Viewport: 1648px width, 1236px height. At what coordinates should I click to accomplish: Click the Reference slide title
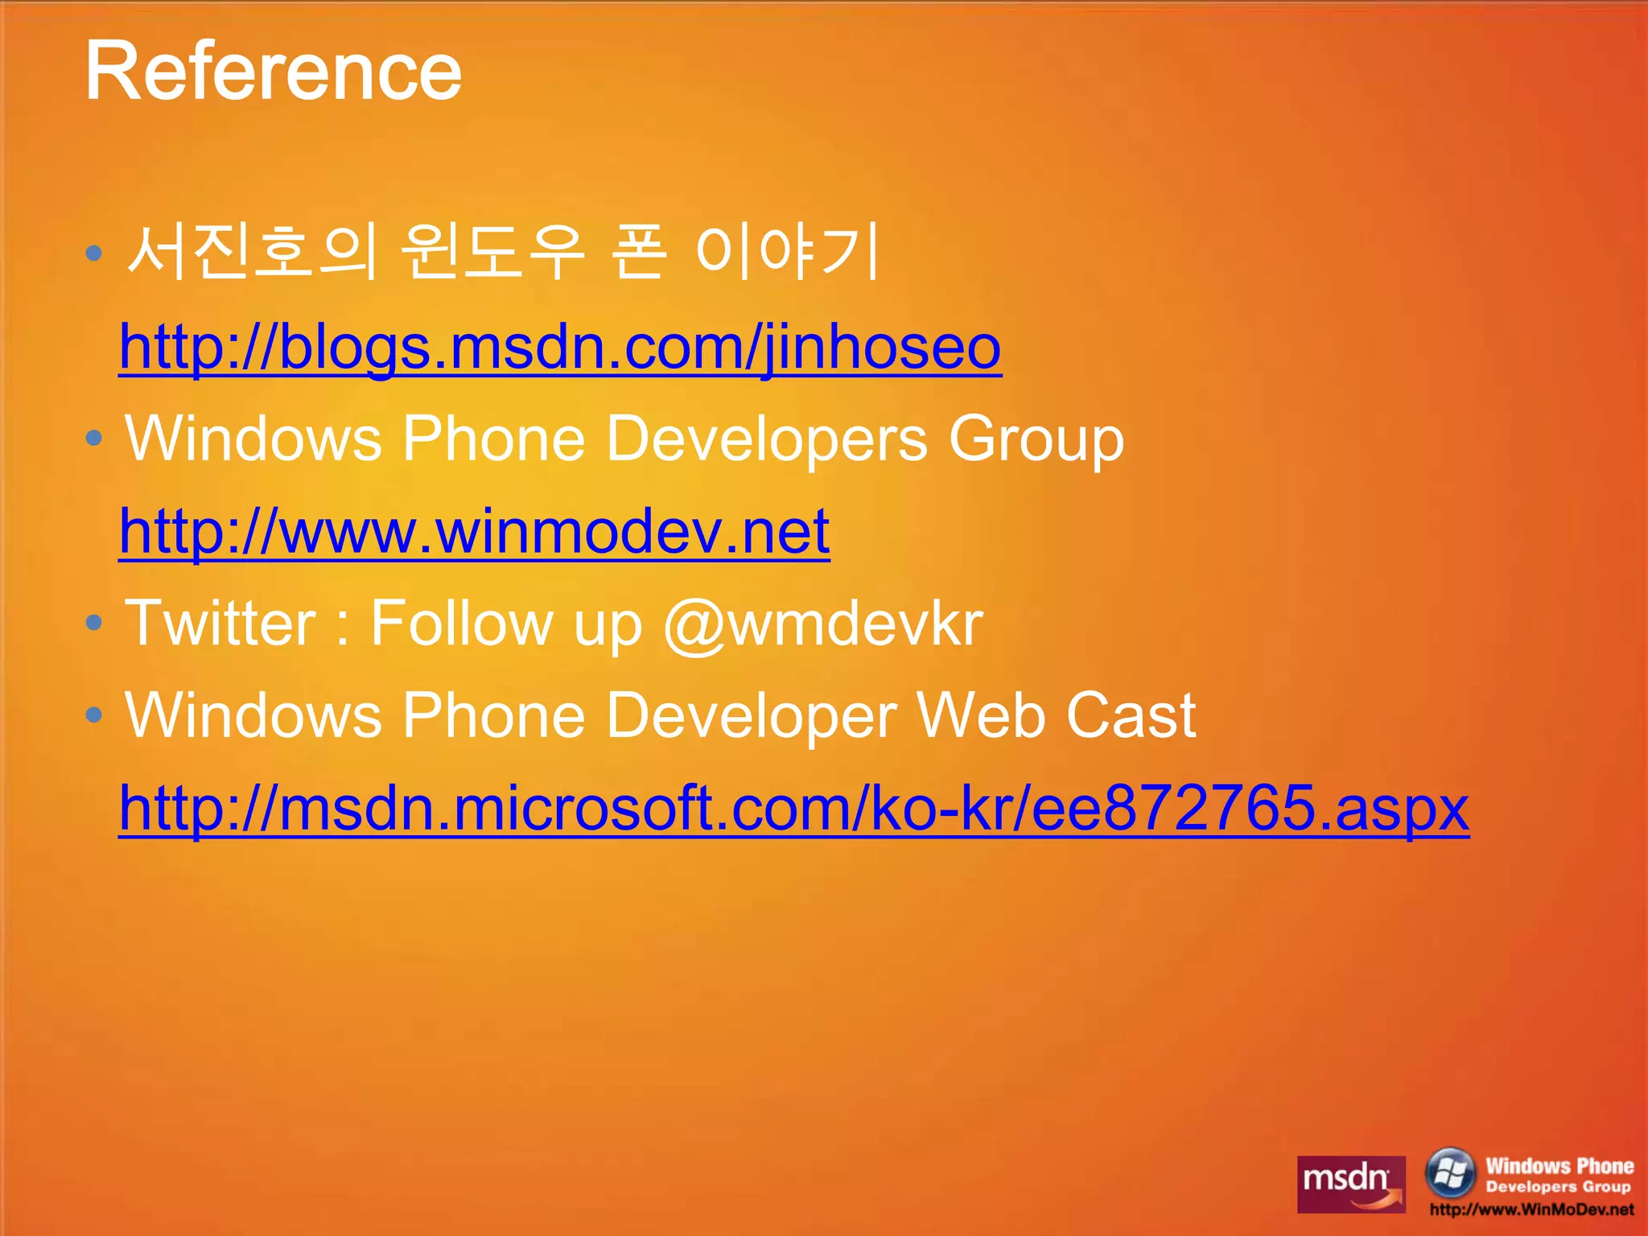[274, 72]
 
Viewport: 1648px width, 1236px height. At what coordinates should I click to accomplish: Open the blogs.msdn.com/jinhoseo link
[560, 348]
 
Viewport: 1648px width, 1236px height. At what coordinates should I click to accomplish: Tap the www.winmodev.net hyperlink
[474, 531]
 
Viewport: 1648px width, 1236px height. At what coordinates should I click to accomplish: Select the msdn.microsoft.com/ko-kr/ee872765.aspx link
[793, 808]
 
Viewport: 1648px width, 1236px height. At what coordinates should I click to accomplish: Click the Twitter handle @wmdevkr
[822, 624]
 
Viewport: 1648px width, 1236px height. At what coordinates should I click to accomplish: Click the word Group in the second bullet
[1036, 440]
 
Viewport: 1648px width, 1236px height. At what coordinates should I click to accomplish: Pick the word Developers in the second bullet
[767, 440]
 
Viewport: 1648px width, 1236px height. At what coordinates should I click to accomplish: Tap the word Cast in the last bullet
[1131, 715]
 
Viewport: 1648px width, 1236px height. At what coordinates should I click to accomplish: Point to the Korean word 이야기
[787, 252]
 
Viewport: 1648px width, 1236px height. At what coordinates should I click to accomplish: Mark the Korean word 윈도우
[492, 252]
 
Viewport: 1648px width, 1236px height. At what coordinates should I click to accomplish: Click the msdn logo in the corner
[1351, 1184]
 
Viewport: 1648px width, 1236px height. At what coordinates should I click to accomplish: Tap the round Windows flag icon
[1450, 1172]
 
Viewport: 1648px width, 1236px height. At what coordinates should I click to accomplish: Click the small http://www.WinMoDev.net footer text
[1531, 1209]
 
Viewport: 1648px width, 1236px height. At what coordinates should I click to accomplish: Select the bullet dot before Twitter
[94, 623]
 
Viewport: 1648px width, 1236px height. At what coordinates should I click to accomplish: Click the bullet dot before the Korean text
[94, 254]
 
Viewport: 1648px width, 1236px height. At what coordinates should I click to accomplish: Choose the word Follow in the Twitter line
[461, 624]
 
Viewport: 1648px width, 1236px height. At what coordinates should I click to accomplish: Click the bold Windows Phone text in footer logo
[1559, 1166]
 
